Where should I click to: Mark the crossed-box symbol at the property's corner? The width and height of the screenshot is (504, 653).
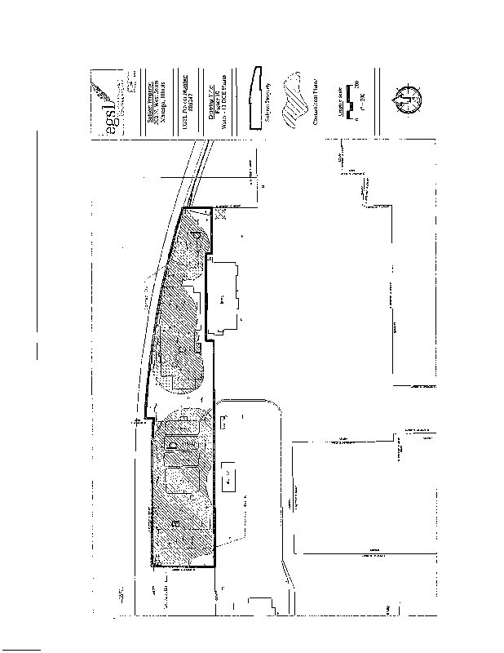coord(220,215)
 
